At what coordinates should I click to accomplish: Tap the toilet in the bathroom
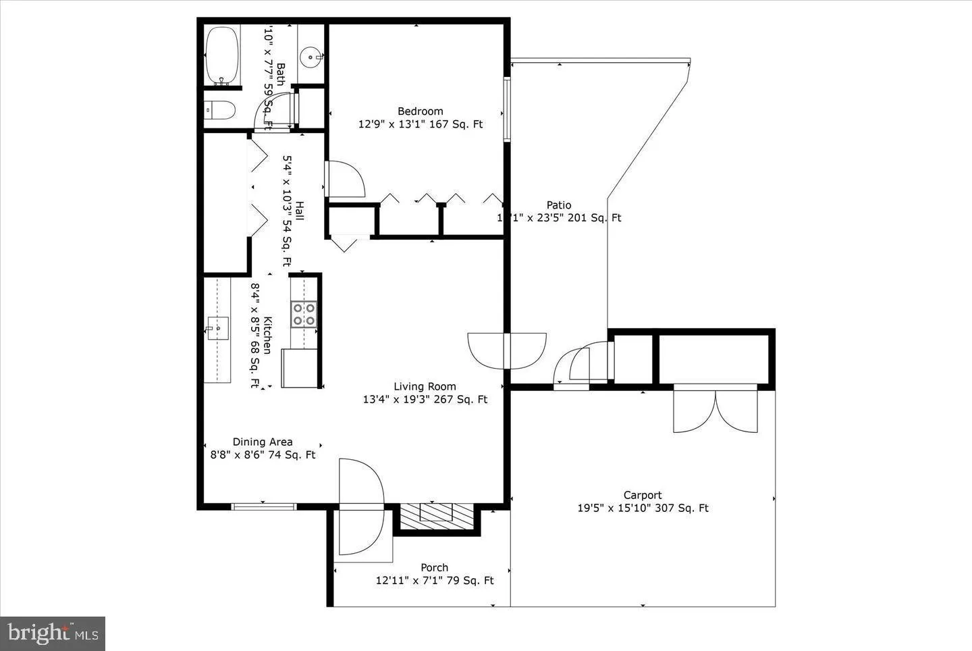219,109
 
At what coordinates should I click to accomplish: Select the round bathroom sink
311,57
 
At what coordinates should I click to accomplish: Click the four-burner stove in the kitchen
304,314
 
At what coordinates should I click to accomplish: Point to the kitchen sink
217,328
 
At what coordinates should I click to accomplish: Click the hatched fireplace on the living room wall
436,516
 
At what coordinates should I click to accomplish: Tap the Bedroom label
420,111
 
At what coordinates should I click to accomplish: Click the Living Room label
425,386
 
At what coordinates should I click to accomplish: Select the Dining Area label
263,442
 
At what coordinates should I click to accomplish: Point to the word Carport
642,495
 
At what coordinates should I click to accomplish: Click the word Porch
434,567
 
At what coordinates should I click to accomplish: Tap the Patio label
559,205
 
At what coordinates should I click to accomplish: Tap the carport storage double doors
715,409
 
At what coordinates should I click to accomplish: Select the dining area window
263,506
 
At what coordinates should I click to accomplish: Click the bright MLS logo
53,633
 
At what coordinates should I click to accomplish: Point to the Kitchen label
267,335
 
